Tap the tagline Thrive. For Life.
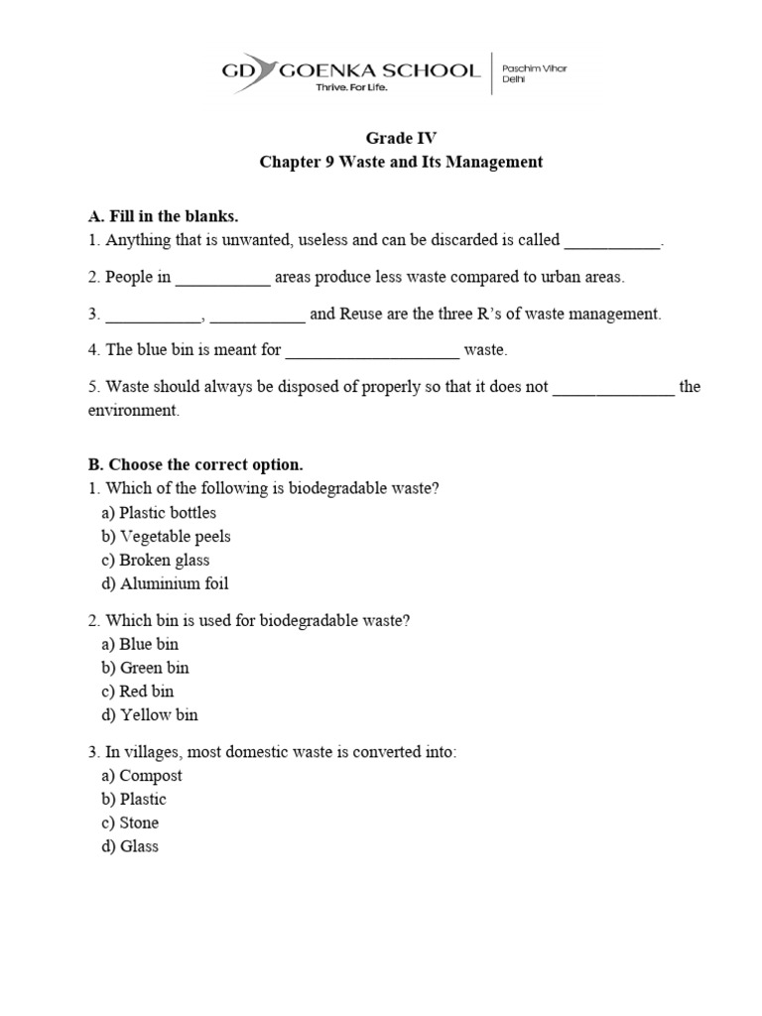click(350, 88)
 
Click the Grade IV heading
click(401, 139)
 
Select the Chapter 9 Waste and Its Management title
click(401, 162)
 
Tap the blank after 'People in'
click(222, 279)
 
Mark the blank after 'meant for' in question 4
click(372, 350)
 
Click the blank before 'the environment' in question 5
click(613, 388)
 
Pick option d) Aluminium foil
click(165, 584)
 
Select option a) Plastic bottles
click(159, 513)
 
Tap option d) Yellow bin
click(150, 715)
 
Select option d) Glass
click(130, 847)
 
